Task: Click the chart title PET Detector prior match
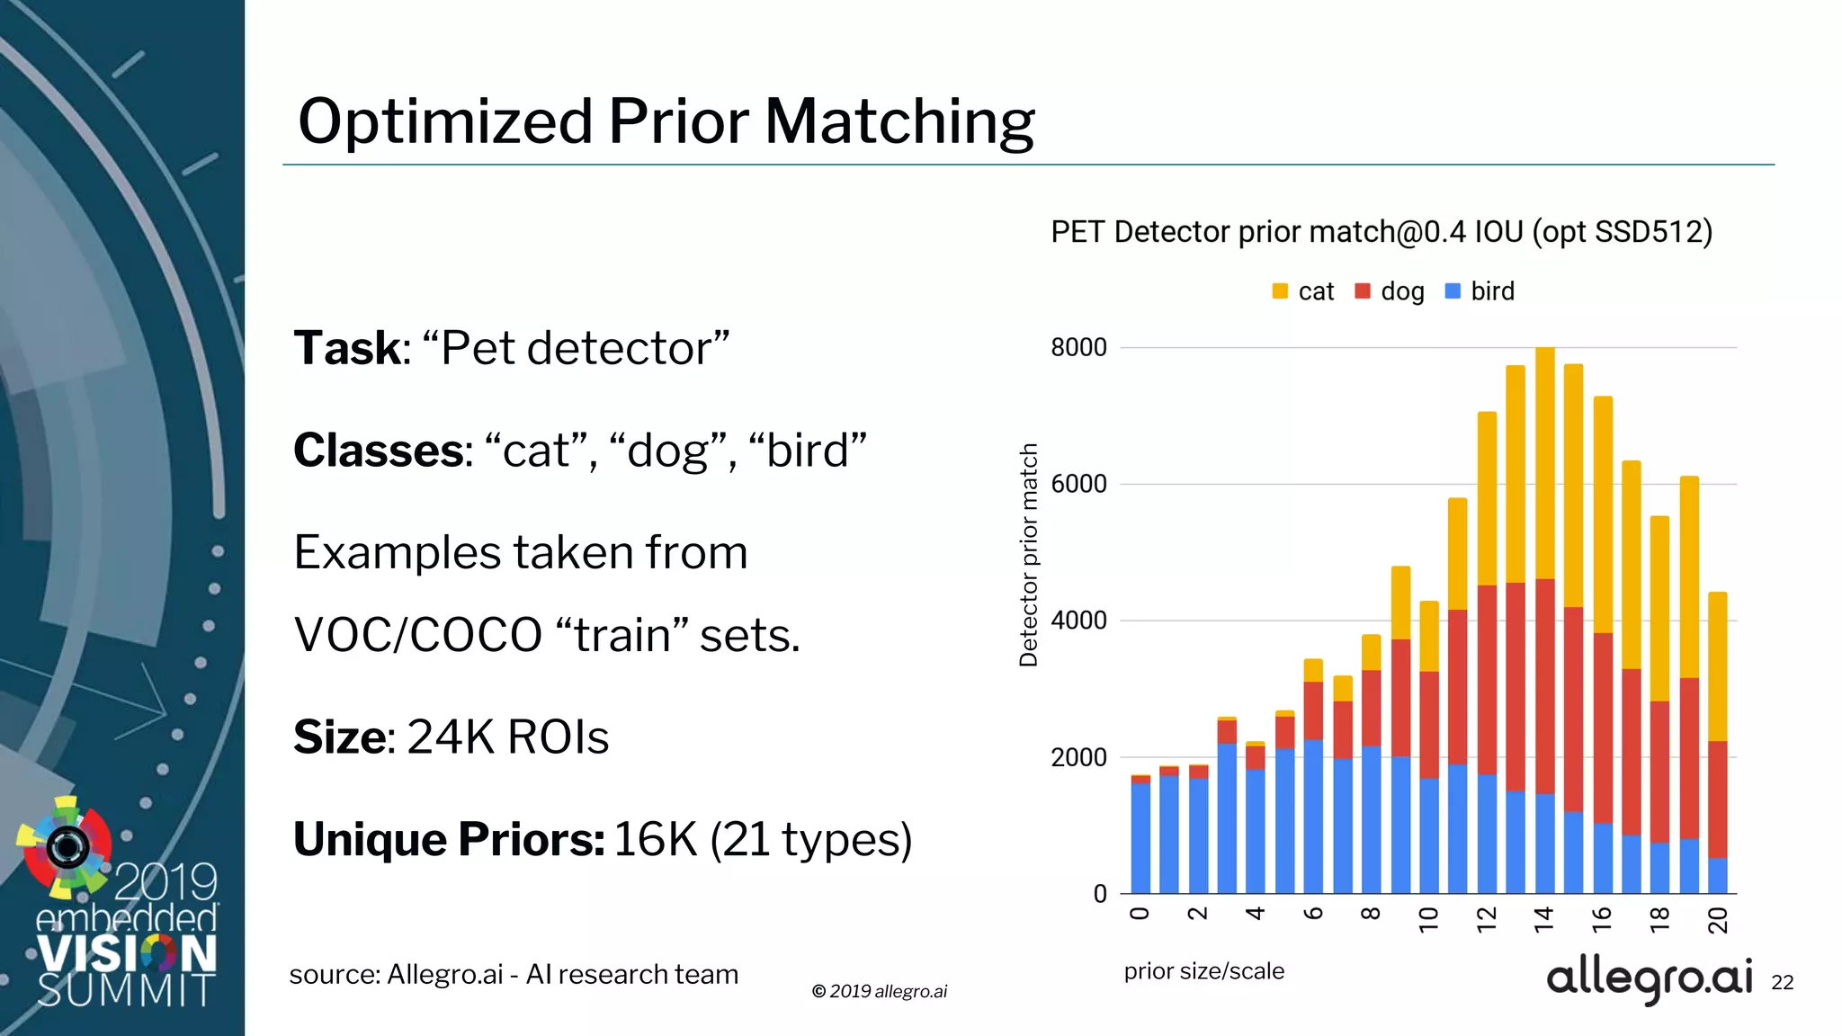[x=1381, y=232]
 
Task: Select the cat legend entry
[x=1304, y=291]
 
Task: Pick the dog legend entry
[x=1390, y=291]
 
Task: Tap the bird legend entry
[x=1480, y=291]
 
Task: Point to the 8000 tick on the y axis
[x=1078, y=347]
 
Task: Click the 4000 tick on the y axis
[x=1078, y=621]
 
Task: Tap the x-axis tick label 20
[x=1718, y=920]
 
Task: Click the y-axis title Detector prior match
[x=1029, y=555]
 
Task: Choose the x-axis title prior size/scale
[x=1203, y=971]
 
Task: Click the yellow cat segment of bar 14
[x=1545, y=463]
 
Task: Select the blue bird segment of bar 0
[x=1140, y=836]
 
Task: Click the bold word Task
[x=347, y=348]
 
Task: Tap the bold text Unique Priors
[x=449, y=839]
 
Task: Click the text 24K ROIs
[x=508, y=737]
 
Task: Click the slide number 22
[x=1782, y=983]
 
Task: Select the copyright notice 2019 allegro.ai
[x=880, y=991]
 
